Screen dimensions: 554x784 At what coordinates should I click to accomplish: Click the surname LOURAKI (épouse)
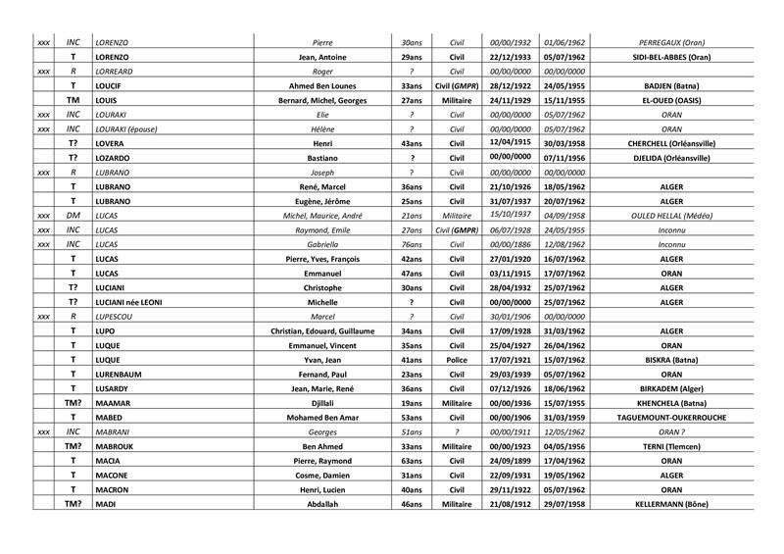tap(126, 128)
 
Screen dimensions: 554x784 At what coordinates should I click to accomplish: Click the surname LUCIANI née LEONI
tap(128, 302)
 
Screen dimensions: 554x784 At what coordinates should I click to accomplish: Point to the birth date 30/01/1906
tap(511, 317)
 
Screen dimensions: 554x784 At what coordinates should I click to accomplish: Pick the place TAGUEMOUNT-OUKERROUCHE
tap(671, 417)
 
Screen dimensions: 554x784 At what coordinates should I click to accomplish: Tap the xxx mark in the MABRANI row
tap(43, 431)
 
